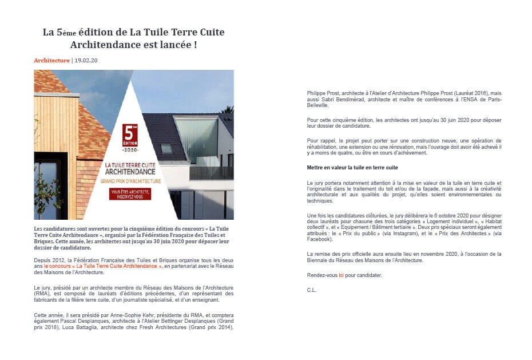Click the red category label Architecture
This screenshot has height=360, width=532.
click(x=51, y=60)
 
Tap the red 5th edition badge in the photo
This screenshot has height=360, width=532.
click(x=130, y=136)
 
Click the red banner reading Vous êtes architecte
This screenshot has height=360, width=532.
click(x=130, y=193)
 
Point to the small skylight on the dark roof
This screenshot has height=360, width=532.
click(x=166, y=148)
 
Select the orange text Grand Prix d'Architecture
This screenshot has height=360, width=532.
click(x=130, y=181)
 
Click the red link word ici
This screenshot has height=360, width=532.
click(x=341, y=275)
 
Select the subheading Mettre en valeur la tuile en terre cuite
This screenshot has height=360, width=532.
click(x=352, y=168)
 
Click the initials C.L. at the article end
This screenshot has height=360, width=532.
click(x=312, y=290)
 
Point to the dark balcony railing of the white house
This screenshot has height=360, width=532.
click(x=212, y=173)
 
